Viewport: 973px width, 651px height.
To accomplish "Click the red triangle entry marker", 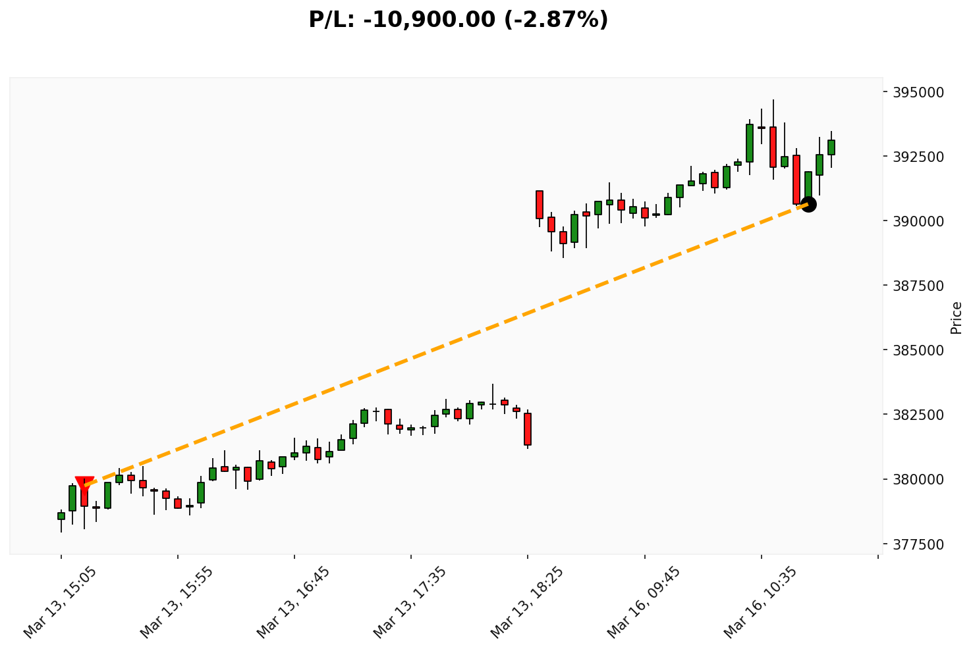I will pos(84,484).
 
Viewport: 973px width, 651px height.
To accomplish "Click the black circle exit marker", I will pos(808,204).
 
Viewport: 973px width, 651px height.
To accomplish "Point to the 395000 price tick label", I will pos(918,92).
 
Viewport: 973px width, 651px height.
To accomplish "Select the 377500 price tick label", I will pos(918,544).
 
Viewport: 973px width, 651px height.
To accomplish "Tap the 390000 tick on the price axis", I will pos(918,221).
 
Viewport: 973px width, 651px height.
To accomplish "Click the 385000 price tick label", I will pos(918,350).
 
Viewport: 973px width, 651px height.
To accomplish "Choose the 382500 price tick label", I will pos(918,415).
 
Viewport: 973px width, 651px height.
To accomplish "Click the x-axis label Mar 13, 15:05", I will pos(61,602).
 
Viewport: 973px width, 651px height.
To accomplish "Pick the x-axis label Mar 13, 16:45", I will pos(294,602).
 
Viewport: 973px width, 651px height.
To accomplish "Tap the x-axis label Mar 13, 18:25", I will pos(527,602).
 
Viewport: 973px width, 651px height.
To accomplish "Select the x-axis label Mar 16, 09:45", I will pos(644,602).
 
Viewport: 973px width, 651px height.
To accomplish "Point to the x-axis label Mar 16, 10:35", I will pos(760,602).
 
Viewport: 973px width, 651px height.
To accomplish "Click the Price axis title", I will pos(957,317).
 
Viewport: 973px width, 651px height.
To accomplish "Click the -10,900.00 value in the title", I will pos(429,20).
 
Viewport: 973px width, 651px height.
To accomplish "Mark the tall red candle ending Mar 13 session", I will pos(528,429).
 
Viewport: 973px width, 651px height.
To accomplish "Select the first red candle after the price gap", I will pos(540,205).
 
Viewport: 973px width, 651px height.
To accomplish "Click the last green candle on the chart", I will pos(831,147).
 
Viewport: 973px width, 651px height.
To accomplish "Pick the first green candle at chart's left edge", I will pos(61,516).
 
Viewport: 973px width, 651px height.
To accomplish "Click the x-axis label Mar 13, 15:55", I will pos(177,602).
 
